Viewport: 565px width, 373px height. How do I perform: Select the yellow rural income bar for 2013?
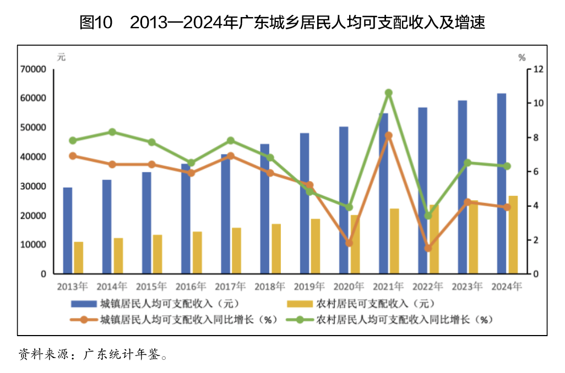point(78,257)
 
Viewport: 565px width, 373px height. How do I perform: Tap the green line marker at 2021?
point(389,93)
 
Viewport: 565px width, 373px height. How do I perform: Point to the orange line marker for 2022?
point(428,248)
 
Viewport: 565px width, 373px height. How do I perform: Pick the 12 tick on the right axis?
point(538,69)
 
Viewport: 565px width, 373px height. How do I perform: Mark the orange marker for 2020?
point(349,243)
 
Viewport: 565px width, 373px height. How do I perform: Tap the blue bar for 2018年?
point(265,209)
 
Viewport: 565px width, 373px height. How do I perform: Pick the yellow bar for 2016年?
point(197,253)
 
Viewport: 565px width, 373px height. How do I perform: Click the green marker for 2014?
point(112,132)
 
